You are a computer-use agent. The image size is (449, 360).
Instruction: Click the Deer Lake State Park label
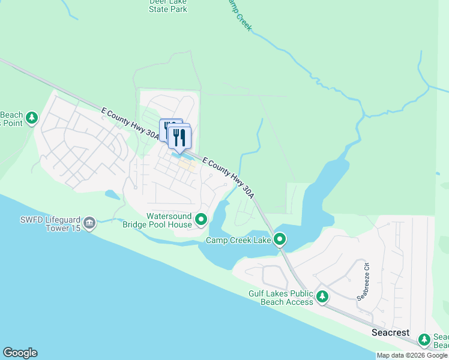pos(167,6)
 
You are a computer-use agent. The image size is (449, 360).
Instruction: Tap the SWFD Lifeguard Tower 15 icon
pos(89,224)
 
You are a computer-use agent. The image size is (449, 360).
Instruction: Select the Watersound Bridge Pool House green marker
pos(201,220)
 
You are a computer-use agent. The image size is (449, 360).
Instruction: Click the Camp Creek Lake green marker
pos(280,240)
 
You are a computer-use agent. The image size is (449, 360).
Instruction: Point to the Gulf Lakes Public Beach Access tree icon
pos(322,296)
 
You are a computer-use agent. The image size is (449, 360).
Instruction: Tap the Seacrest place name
pos(390,332)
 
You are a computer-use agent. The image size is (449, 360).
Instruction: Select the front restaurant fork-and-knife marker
pos(179,137)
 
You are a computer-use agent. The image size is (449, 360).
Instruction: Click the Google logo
pos(20,353)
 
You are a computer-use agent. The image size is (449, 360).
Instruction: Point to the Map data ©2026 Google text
pos(412,355)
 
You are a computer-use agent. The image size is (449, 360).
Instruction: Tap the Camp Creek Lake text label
pos(238,241)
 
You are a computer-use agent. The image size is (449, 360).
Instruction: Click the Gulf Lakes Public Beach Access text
pos(281,298)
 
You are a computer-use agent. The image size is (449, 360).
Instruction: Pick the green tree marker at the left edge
pos(32,118)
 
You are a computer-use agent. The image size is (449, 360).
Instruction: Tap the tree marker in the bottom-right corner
pos(424,340)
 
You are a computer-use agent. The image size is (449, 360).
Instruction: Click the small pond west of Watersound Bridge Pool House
pos(112,194)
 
